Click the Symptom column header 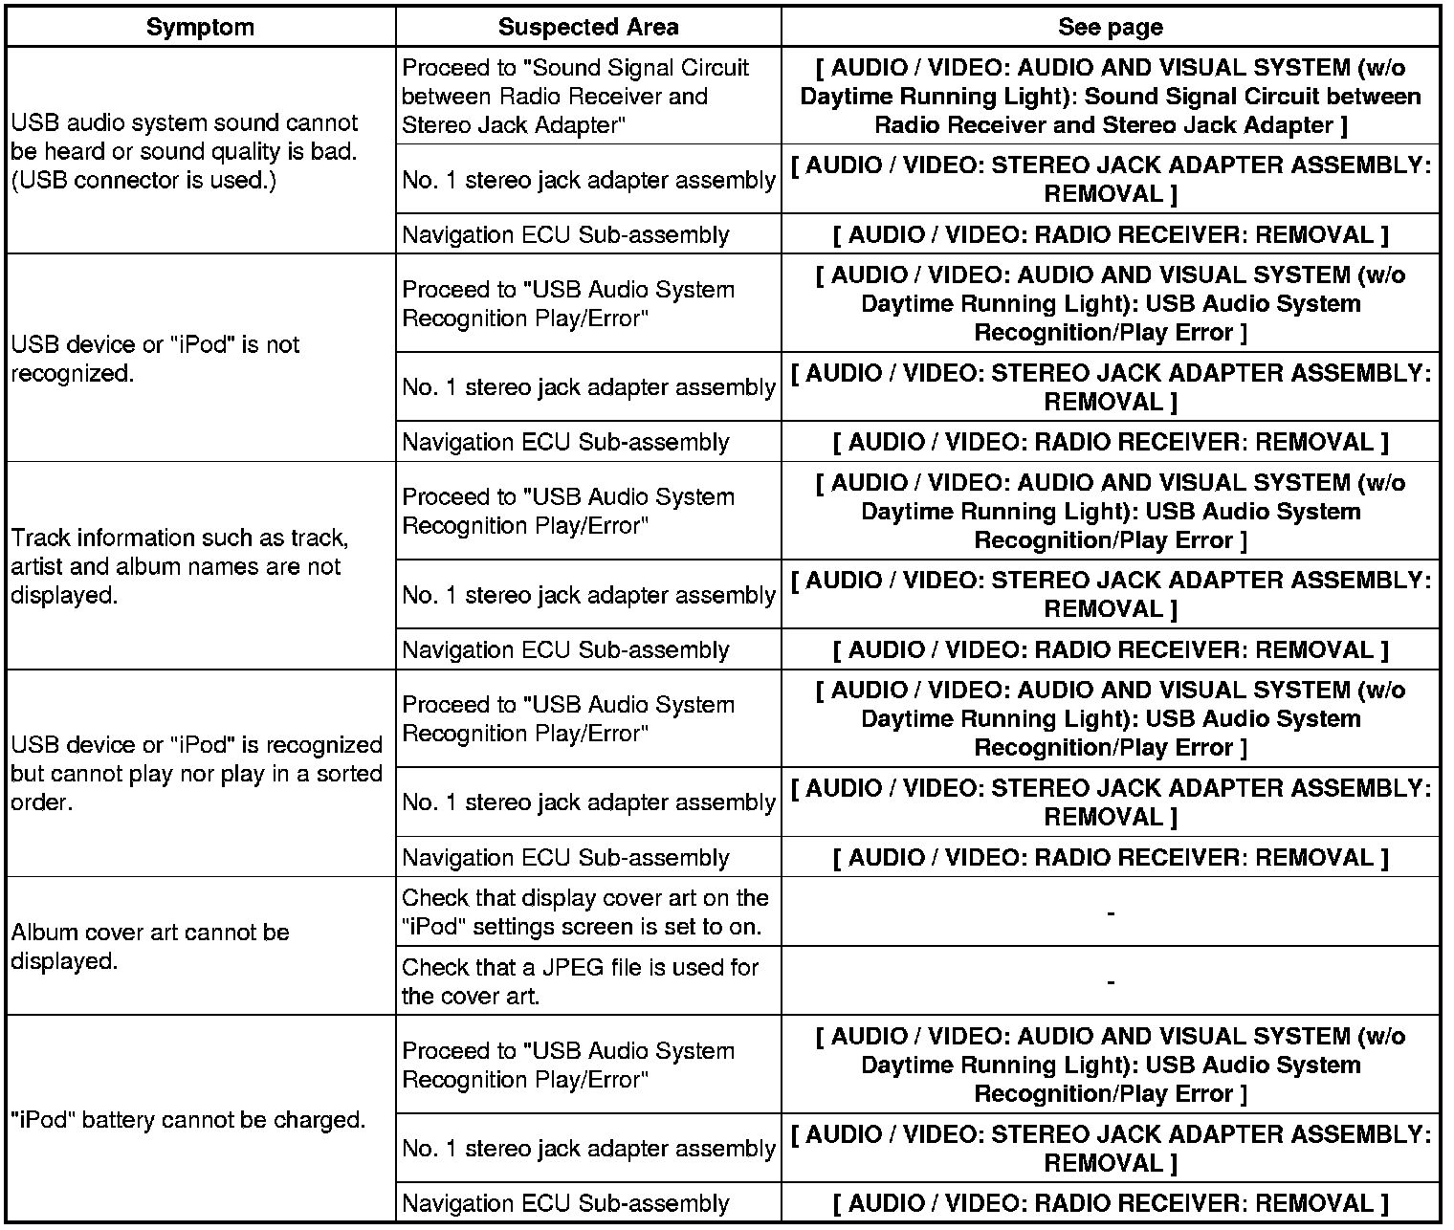pyautogui.click(x=200, y=27)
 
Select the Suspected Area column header pyautogui.click(x=588, y=27)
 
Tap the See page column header pyautogui.click(x=1110, y=27)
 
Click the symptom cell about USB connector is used pyautogui.click(x=185, y=151)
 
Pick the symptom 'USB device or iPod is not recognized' pyautogui.click(x=155, y=359)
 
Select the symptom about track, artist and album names pyautogui.click(x=180, y=566)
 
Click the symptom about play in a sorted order pyautogui.click(x=196, y=773)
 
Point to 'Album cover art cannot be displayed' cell pyautogui.click(x=150, y=946)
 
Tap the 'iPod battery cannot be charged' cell pyautogui.click(x=188, y=1119)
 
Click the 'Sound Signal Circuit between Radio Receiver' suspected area pyautogui.click(x=575, y=96)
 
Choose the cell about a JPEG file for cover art pyautogui.click(x=580, y=980)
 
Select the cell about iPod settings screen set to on pyautogui.click(x=584, y=912)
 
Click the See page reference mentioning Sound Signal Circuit pyautogui.click(x=1110, y=96)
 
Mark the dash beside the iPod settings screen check pyautogui.click(x=1110, y=913)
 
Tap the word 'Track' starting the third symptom pyautogui.click(x=40, y=538)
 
